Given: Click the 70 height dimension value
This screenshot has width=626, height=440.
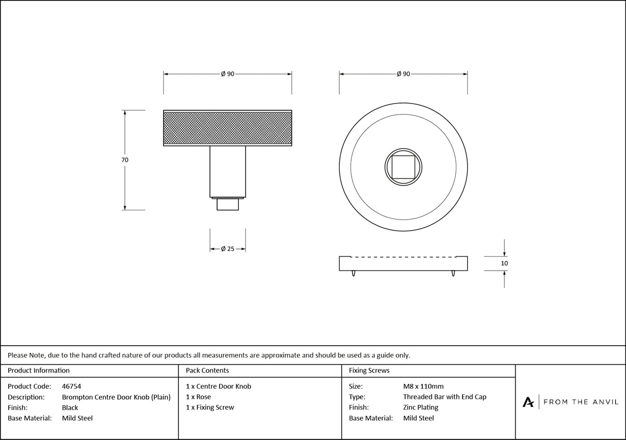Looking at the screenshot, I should [x=125, y=160].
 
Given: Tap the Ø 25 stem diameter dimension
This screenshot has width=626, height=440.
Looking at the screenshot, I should [x=227, y=249].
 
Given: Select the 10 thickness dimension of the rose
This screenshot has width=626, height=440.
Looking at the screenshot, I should [x=504, y=263].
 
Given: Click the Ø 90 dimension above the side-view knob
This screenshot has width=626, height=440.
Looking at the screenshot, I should [x=227, y=74].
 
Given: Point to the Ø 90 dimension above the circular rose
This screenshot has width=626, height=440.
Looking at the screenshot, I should [x=403, y=74].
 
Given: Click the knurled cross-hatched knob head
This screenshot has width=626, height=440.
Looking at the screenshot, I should [x=227, y=128].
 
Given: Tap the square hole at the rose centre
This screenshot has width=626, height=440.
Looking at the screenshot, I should [x=403, y=166].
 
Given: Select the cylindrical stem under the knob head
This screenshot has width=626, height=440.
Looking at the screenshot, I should [x=227, y=171].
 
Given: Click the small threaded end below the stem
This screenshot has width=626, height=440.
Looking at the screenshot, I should [x=227, y=204].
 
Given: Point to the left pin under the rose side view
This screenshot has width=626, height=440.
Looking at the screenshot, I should [x=353, y=274].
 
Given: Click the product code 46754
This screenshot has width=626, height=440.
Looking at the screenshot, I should [x=71, y=386].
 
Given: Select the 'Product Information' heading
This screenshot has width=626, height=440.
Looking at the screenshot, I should [x=39, y=370].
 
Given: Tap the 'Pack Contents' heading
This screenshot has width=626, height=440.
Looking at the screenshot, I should [x=207, y=370].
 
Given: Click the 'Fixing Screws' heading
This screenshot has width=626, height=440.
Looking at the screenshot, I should [x=369, y=370].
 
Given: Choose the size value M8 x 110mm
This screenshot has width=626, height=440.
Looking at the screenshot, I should [x=423, y=386].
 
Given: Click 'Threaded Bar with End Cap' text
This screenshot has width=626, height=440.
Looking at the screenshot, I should [x=444, y=397].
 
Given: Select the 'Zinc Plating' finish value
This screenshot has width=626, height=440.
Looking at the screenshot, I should [x=421, y=408].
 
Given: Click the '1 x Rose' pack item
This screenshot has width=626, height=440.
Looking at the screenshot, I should [x=199, y=397].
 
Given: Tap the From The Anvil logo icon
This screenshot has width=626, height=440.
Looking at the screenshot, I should [x=528, y=402].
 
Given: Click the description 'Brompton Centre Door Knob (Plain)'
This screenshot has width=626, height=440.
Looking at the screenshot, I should [x=116, y=397].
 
